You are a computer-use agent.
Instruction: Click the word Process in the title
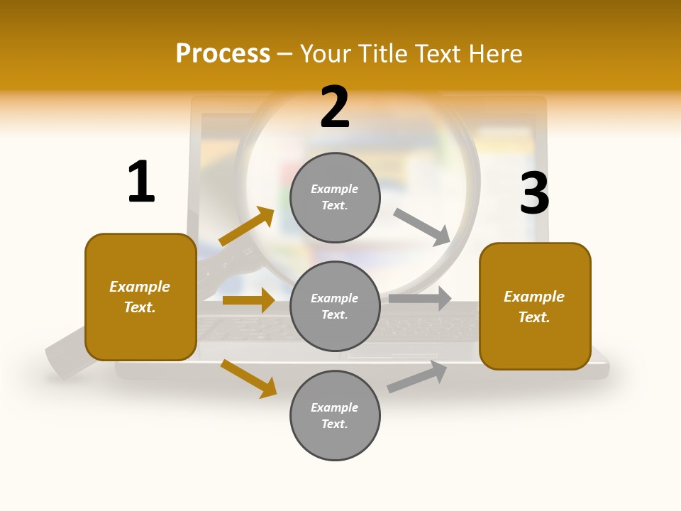tap(223, 54)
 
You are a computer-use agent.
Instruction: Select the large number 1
tap(141, 182)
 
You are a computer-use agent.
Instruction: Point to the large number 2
tap(335, 107)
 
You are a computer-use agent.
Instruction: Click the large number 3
tap(534, 193)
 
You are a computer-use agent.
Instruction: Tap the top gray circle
tap(335, 197)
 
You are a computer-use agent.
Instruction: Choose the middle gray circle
tap(335, 306)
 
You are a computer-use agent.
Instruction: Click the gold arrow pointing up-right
tap(246, 226)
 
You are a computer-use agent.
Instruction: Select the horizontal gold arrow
tap(248, 300)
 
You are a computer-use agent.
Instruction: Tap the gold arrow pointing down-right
tap(248, 378)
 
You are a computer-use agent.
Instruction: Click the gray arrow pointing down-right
tap(422, 226)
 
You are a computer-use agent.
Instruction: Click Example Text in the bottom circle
tap(335, 416)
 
